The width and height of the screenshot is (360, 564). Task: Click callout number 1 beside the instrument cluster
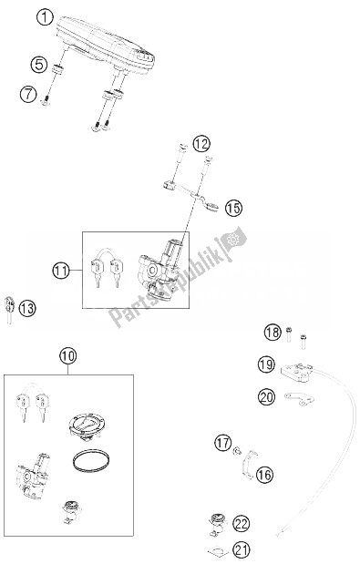pyautogui.click(x=45, y=17)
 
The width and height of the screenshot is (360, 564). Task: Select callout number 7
pyautogui.click(x=28, y=94)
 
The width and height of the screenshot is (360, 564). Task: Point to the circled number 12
pyautogui.click(x=201, y=144)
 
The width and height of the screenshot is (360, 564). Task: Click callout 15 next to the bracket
pyautogui.click(x=233, y=208)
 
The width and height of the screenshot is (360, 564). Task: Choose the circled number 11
pyautogui.click(x=61, y=270)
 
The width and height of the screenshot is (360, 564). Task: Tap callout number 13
pyautogui.click(x=27, y=308)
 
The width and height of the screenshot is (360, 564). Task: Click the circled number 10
pyautogui.click(x=68, y=356)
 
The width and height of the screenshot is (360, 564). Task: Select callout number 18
pyautogui.click(x=273, y=332)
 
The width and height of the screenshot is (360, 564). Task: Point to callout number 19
pyautogui.click(x=266, y=364)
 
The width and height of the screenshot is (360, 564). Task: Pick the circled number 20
pyautogui.click(x=266, y=396)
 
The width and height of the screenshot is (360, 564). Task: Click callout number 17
pyautogui.click(x=223, y=442)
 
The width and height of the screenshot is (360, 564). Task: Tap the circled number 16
pyautogui.click(x=264, y=475)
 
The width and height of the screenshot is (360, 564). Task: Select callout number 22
pyautogui.click(x=241, y=524)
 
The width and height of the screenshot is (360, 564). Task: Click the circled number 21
pyautogui.click(x=241, y=549)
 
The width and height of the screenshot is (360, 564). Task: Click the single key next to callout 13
pyautogui.click(x=9, y=309)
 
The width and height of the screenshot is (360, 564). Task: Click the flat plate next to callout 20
pyautogui.click(x=299, y=398)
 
